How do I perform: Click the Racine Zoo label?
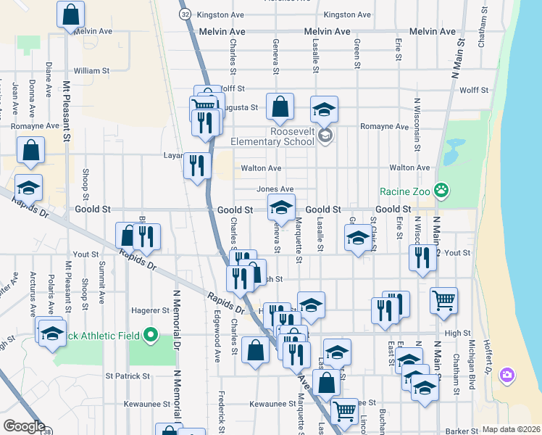(x=405, y=192)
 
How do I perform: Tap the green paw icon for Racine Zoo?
(x=441, y=191)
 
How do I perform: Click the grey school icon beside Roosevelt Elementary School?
(x=325, y=135)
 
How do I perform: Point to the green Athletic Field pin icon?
(x=151, y=335)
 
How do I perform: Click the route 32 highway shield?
(x=186, y=14)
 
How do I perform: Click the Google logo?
(x=24, y=426)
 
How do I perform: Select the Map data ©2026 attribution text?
(x=512, y=429)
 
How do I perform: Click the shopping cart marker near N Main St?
(x=443, y=299)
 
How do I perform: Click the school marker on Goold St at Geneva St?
(x=281, y=208)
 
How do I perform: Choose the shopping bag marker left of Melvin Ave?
(x=70, y=14)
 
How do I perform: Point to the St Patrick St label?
(x=128, y=376)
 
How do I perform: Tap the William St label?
(x=91, y=71)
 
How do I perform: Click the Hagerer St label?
(x=150, y=310)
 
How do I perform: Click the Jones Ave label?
(x=275, y=189)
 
